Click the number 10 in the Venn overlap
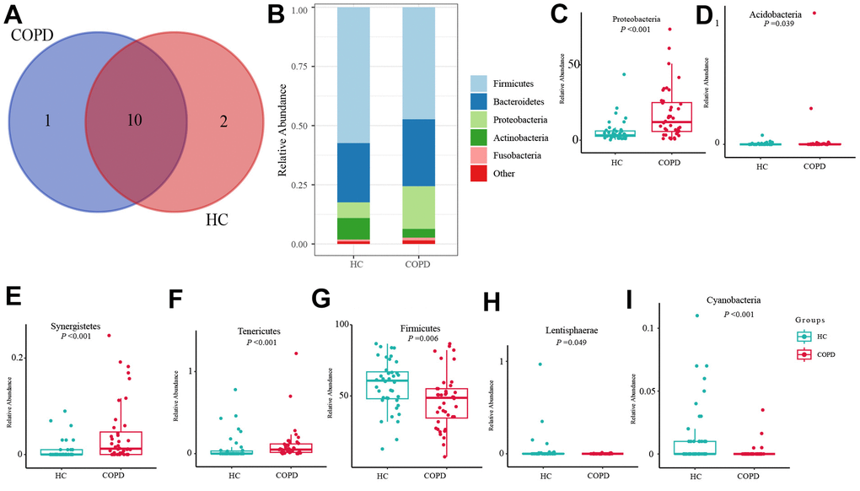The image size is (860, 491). [x=134, y=121]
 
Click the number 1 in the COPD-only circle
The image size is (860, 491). [x=47, y=121]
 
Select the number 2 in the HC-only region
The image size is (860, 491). [x=223, y=121]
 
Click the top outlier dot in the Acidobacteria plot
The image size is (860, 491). [x=814, y=13]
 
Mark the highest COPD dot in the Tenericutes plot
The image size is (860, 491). [x=296, y=353]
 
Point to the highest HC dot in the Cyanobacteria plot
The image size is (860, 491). [x=697, y=316]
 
